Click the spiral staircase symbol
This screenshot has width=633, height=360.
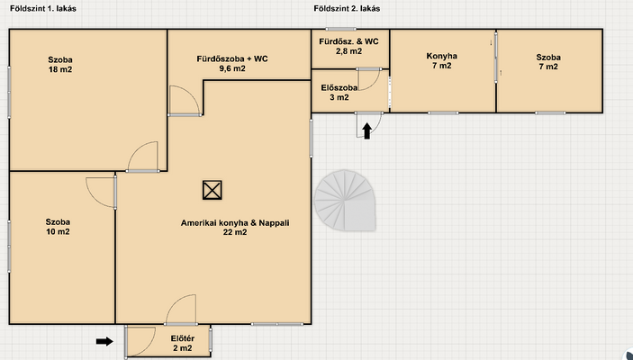coord(345,201)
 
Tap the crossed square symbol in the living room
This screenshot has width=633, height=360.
coord(213,190)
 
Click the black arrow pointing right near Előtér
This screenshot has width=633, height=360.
coord(104,341)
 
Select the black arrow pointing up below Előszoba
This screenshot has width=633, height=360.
coord(367,131)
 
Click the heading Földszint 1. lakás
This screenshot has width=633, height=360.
coord(43,8)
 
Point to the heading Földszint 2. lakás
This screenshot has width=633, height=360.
coord(347,8)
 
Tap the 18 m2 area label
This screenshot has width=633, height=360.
coord(60,69)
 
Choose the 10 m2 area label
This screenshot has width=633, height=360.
coord(58,231)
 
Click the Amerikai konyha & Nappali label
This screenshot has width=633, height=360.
coord(235,223)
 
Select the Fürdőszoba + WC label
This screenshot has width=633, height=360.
coord(232,58)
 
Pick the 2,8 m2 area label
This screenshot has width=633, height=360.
coord(349,51)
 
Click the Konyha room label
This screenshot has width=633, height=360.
coord(441,56)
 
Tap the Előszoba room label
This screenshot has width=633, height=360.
coord(339,87)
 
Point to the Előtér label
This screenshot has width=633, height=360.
coord(183,338)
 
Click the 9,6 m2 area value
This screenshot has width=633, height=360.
coord(232,68)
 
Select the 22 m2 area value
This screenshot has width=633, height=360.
coord(235,232)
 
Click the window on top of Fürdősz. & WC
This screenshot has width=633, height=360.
coord(340,29)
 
